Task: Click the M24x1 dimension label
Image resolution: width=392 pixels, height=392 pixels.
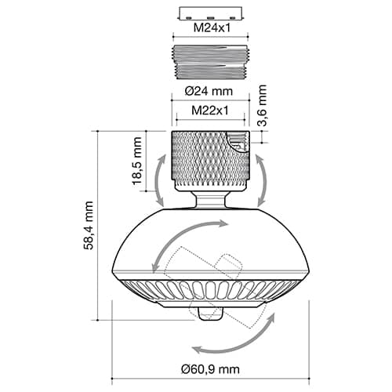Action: tap(212, 27)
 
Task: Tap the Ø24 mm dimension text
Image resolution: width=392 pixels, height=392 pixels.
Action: tap(209, 91)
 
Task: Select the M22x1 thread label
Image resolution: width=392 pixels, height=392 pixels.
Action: tap(210, 111)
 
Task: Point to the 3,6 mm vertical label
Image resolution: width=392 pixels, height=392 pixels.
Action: tap(262, 105)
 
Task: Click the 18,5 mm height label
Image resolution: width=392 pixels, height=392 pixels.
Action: tap(137, 161)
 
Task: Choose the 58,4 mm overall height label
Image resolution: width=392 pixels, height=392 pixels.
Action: tap(89, 225)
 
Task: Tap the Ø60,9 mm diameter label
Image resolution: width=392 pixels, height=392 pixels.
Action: tap(210, 369)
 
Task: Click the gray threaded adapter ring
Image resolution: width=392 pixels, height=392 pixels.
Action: tap(210, 62)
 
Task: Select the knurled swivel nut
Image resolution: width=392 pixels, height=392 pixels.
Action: tap(210, 161)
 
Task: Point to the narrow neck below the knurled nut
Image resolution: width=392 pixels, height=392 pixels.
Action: tap(210, 200)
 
